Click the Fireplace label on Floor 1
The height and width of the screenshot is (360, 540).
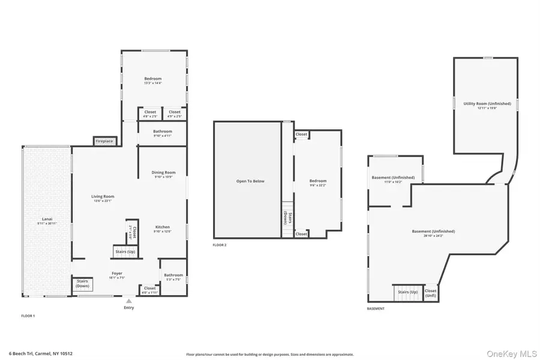tap(104, 141)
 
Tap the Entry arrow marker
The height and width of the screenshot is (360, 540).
tap(129, 301)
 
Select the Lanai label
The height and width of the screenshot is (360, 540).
tap(47, 219)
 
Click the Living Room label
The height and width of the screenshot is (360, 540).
tap(103, 196)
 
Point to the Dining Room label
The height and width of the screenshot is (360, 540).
tap(163, 173)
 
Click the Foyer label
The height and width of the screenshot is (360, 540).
tap(117, 273)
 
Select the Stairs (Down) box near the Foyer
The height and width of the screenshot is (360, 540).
tap(82, 284)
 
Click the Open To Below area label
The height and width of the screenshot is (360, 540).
tap(250, 181)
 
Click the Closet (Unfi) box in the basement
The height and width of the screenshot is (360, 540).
tap(431, 293)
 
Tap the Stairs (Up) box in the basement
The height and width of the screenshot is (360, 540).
tap(407, 292)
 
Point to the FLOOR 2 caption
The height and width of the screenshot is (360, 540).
tap(220, 245)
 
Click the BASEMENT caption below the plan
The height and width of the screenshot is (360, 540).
tap(376, 308)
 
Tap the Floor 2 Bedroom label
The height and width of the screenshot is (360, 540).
tap(318, 181)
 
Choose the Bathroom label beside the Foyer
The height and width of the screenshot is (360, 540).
tap(173, 275)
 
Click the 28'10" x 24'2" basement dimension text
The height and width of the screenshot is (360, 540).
tap(433, 236)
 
